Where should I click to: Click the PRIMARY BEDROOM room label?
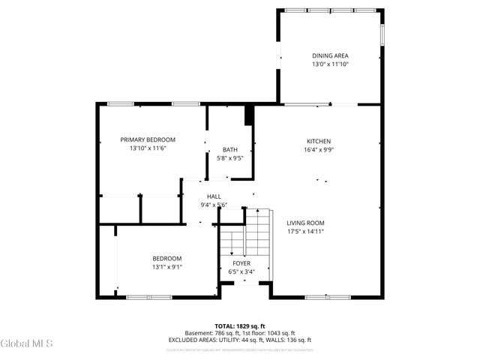[x=148, y=139]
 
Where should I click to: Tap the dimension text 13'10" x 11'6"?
[x=148, y=148]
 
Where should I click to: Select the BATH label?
[x=229, y=149]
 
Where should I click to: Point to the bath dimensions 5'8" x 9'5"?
[x=229, y=158]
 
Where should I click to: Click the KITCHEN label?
[x=318, y=141]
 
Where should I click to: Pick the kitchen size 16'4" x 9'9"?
[x=318, y=150]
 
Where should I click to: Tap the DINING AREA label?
[x=330, y=55]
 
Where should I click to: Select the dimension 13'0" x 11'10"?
[x=330, y=64]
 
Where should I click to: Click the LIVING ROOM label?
[x=305, y=223]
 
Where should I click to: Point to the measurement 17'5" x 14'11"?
[x=305, y=232]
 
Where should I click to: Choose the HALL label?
[x=214, y=196]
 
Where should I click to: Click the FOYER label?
[x=241, y=263]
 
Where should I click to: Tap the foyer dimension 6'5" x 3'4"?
[x=241, y=271]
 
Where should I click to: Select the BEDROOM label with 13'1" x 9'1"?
[x=166, y=258]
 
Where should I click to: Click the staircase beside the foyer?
[x=256, y=232]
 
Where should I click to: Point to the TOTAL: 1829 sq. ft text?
[x=239, y=327]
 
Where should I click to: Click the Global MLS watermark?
[x=27, y=343]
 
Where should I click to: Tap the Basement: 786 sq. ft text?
[x=211, y=334]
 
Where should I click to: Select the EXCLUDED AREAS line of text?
[x=239, y=340]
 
